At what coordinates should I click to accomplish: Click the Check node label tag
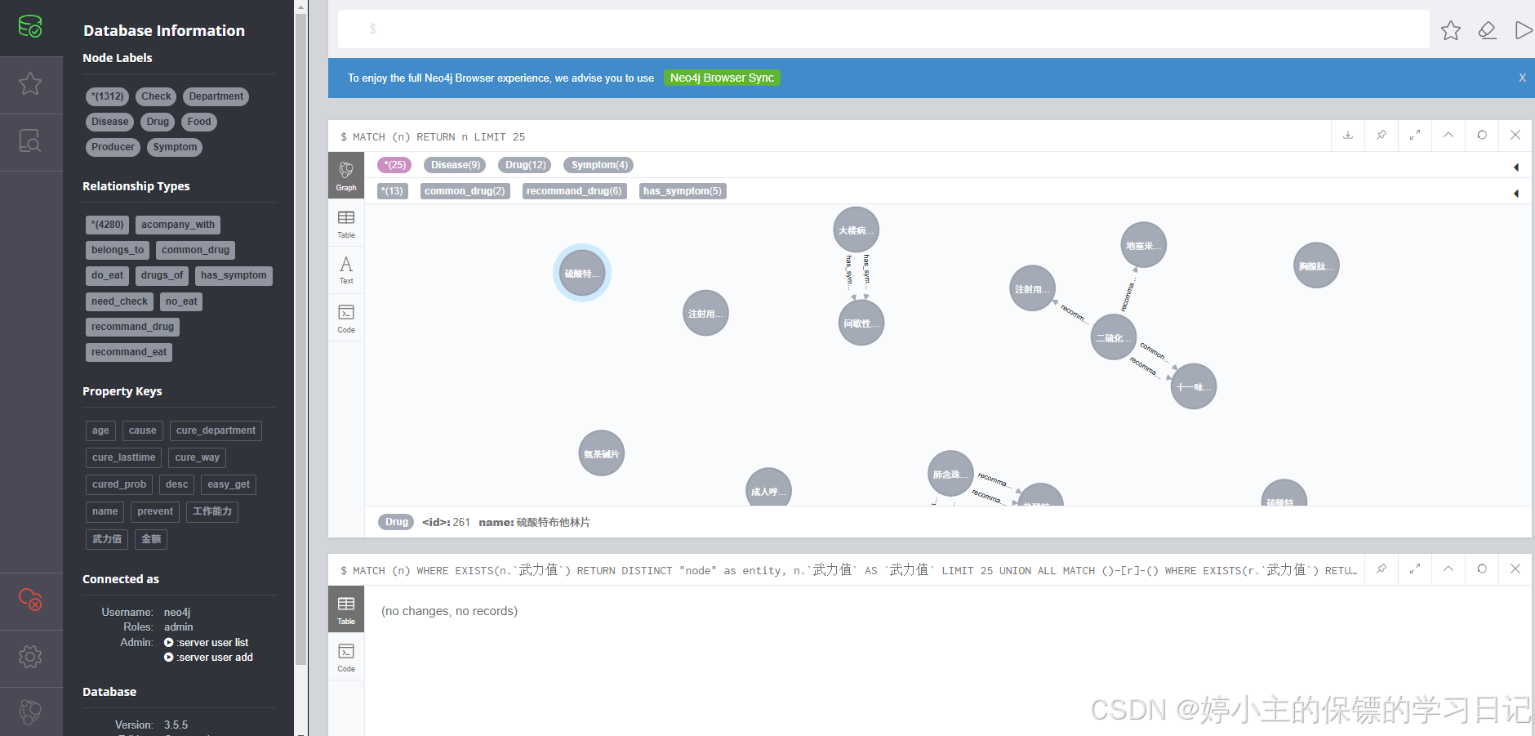(x=156, y=96)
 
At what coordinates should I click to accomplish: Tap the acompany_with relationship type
(x=178, y=225)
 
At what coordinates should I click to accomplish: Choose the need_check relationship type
(x=119, y=301)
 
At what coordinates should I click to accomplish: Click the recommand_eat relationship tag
(x=129, y=352)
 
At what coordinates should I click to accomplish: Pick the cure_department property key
(x=216, y=430)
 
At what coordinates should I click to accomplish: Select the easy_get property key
(x=229, y=484)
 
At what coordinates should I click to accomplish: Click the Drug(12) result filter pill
(x=525, y=165)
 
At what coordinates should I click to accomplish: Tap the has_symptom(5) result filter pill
(x=682, y=191)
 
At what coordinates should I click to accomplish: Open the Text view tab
(x=346, y=269)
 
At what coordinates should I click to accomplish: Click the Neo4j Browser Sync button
(x=722, y=78)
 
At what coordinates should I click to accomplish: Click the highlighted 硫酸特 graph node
(x=582, y=273)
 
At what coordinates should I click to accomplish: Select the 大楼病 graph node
(x=856, y=230)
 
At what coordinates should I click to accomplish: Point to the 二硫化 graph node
(x=1113, y=337)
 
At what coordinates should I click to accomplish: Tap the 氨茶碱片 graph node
(x=601, y=453)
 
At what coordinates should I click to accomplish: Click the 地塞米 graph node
(x=1143, y=245)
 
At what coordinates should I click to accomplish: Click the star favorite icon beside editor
(x=1451, y=30)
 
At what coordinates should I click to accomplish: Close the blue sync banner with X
(x=1522, y=78)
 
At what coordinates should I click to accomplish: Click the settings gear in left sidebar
(x=30, y=657)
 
